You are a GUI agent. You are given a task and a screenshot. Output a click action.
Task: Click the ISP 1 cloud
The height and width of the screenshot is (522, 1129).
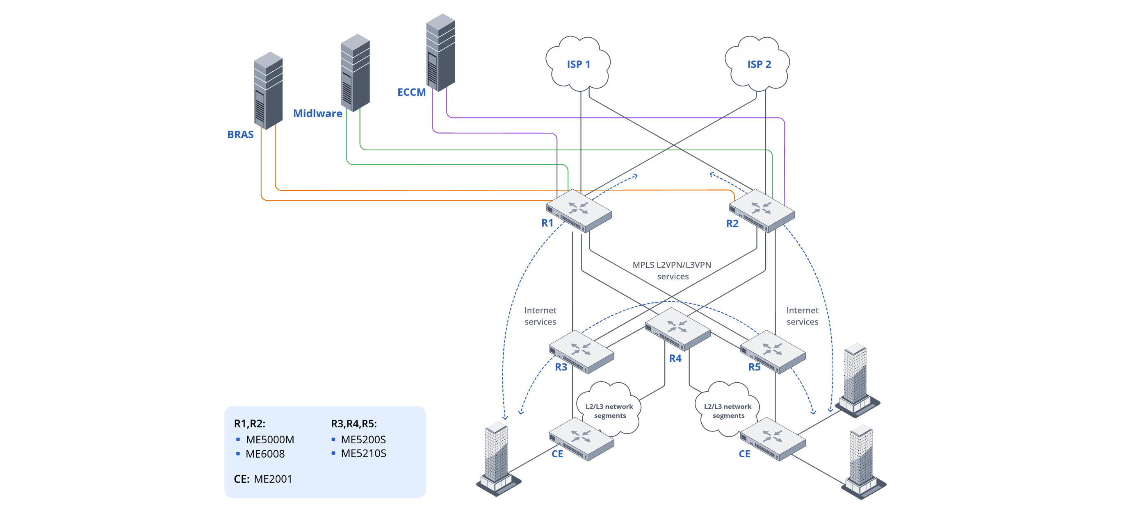coord(578,64)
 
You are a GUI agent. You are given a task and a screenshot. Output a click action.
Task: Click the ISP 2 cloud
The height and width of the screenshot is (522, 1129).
coord(758,64)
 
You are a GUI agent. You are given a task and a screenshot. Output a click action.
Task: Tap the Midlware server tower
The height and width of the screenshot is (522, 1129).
coord(355,72)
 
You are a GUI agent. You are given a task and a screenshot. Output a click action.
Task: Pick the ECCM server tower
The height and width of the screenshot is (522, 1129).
coord(440,52)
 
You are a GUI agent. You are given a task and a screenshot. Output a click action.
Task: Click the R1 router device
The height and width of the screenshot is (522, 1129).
coord(579,211)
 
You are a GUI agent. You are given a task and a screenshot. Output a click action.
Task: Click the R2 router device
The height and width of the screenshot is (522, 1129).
coord(761,211)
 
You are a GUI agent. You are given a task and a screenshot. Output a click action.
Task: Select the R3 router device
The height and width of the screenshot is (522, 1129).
coord(581,352)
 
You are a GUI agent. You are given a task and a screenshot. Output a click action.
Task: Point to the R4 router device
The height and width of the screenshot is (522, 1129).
coord(677,329)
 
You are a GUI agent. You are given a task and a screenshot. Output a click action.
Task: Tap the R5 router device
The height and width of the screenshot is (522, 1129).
coord(773,352)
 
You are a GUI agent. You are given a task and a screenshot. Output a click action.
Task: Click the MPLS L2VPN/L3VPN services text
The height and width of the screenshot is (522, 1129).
coord(672,270)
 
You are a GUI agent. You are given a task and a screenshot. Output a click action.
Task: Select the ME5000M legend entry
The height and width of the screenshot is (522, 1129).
coord(269,439)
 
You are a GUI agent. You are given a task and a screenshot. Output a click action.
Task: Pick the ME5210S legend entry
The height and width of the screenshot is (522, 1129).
coord(363,453)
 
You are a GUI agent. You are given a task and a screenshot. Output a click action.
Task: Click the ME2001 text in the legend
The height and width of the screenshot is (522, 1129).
coord(273,479)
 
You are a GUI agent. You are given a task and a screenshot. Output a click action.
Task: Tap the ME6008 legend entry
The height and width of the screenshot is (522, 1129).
coord(265,454)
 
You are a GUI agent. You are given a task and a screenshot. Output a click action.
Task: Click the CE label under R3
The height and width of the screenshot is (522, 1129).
coord(557,454)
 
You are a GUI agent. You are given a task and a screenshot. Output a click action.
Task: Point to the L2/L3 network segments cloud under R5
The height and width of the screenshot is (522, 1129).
coord(727,410)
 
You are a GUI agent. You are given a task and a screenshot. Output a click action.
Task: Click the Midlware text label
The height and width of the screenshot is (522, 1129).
coord(317,113)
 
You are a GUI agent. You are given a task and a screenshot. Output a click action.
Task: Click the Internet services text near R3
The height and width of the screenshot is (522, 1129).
coord(540,316)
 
